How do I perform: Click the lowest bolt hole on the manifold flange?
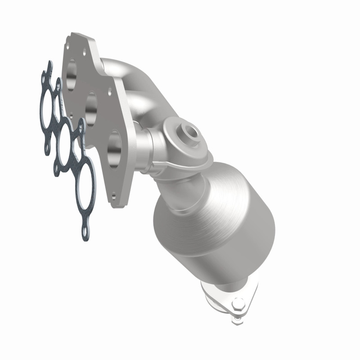pyautogui.click(x=114, y=196)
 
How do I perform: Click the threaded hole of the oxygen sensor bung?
pyautogui.click(x=193, y=131)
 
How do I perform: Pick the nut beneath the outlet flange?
pyautogui.click(x=236, y=320)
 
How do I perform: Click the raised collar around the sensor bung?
pyautogui.click(x=180, y=135)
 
